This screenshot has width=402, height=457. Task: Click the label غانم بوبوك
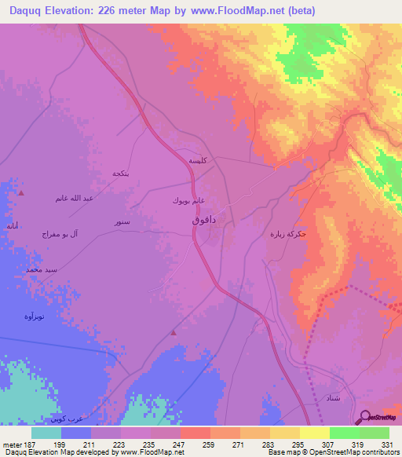click(x=188, y=200)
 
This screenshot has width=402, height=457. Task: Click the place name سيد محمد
click(x=42, y=269)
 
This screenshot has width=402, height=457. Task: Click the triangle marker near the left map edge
click(x=21, y=192)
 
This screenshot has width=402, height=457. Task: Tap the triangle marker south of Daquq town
click(x=174, y=333)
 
